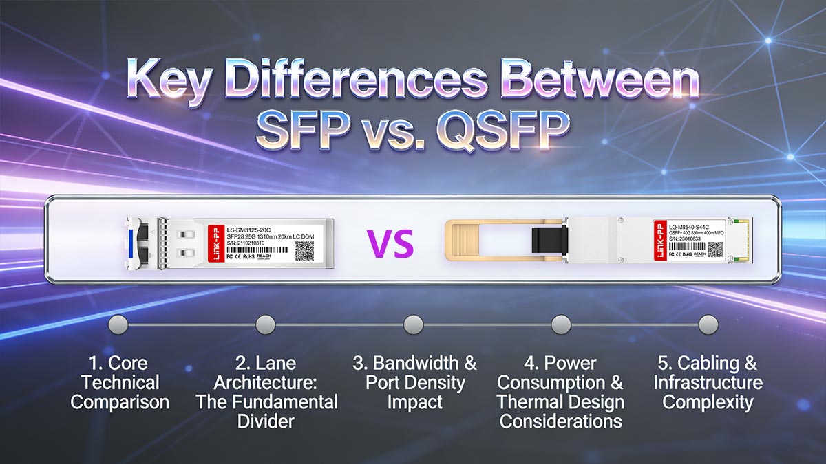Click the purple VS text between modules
390,243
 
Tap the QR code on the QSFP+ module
715,250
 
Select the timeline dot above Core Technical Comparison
118,324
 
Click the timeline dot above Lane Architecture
266,324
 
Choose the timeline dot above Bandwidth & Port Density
413,324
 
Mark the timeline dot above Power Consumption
560,324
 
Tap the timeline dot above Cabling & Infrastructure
708,324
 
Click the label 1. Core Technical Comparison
119,383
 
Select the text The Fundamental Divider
266,411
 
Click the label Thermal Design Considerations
560,411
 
